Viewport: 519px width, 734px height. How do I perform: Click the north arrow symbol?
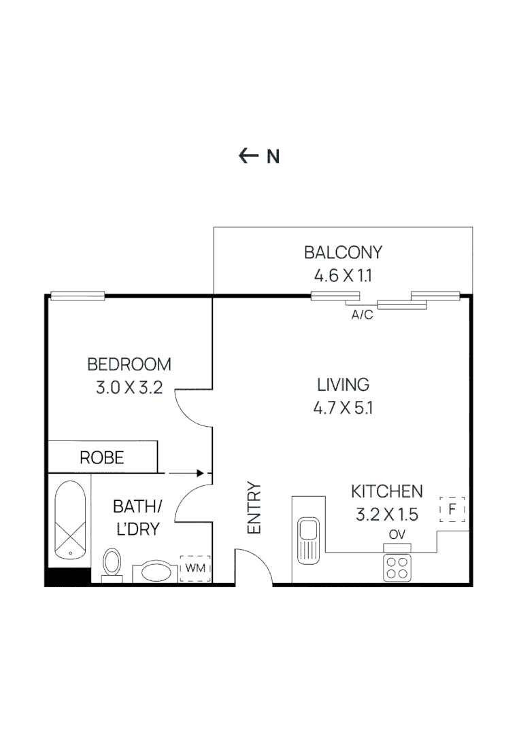click(x=249, y=156)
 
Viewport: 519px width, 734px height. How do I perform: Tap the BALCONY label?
click(x=343, y=253)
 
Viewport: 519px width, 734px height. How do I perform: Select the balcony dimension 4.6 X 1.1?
click(x=343, y=276)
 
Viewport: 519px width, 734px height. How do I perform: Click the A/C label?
click(x=362, y=315)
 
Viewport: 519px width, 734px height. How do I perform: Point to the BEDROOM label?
click(x=129, y=364)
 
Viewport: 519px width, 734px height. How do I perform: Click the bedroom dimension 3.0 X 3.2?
click(x=129, y=389)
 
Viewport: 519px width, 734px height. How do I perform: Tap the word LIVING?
click(x=344, y=385)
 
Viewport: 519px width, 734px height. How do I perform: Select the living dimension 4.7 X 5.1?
click(x=344, y=408)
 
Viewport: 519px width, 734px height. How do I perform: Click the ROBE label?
click(x=102, y=457)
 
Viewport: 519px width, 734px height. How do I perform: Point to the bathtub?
click(x=69, y=520)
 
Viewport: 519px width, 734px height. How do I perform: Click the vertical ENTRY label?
click(x=254, y=508)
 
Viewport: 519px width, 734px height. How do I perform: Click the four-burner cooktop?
click(x=397, y=567)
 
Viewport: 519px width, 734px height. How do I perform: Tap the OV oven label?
click(x=397, y=534)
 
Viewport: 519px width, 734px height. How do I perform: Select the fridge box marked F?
click(x=452, y=509)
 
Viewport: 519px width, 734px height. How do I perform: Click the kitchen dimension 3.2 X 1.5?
click(x=386, y=514)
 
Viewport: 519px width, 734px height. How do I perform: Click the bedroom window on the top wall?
click(x=78, y=296)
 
